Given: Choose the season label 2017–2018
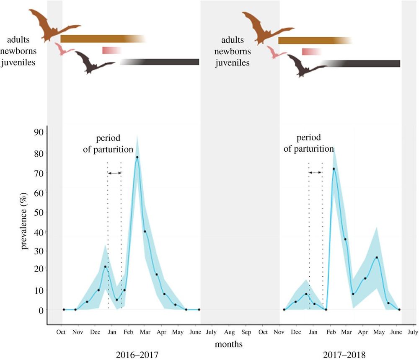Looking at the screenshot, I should click(x=345, y=355).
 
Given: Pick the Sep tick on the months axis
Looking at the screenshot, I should click(x=246, y=332).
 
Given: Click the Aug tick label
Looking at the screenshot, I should click(x=229, y=332).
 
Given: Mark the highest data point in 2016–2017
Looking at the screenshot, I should click(x=137, y=157).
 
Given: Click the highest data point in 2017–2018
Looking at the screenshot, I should click(x=334, y=169).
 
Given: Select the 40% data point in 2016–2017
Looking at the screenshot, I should click(x=145, y=231).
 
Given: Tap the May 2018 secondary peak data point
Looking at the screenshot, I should click(x=377, y=258).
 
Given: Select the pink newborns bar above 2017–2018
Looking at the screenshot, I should click(x=311, y=52).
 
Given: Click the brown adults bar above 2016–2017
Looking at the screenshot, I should click(x=101, y=39).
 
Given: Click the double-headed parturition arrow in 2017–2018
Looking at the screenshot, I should click(x=315, y=172).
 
